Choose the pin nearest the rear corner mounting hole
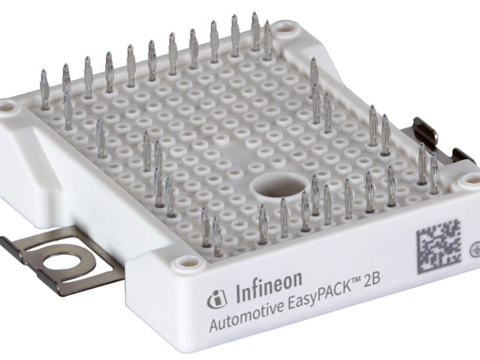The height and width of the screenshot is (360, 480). [267, 39]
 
